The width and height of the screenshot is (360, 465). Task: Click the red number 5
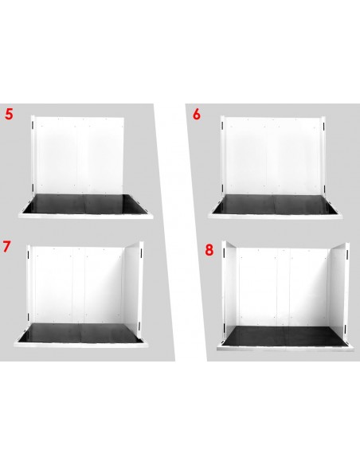(10, 114)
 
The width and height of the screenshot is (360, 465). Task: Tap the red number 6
(197, 114)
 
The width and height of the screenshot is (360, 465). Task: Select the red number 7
(6, 247)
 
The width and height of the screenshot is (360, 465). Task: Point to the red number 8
(209, 250)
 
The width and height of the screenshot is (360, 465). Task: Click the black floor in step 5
(85, 204)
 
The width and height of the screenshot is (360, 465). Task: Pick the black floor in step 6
(275, 204)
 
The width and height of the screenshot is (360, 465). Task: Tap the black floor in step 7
(80, 333)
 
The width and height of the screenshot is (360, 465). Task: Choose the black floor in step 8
(284, 335)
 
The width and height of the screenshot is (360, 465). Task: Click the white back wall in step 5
(80, 156)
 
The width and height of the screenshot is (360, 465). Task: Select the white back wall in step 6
(273, 156)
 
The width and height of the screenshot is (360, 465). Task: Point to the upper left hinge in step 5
(33, 125)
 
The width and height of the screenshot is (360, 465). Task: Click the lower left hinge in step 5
(33, 188)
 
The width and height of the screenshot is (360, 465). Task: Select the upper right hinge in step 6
(323, 126)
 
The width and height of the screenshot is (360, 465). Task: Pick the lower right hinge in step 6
(324, 189)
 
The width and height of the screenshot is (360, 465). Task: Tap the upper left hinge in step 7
(29, 252)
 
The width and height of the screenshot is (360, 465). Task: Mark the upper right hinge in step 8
(347, 253)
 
